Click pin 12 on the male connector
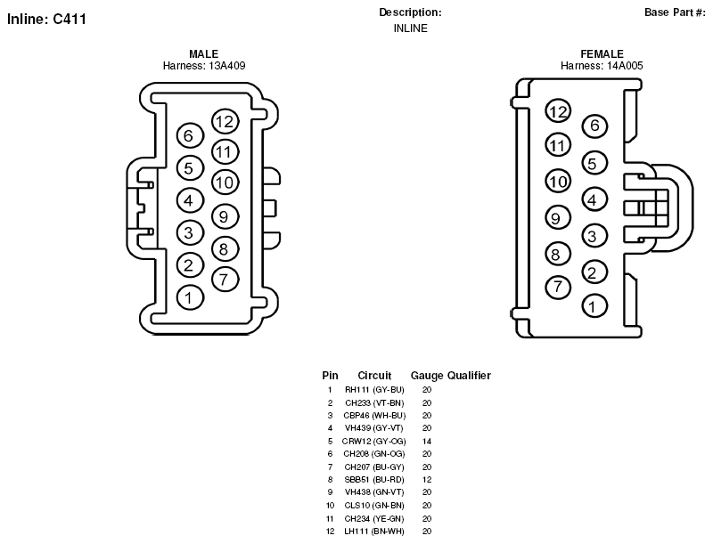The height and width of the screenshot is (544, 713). tap(225, 121)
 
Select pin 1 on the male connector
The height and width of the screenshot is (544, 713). tap(190, 298)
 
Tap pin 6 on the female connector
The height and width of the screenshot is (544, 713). tap(594, 126)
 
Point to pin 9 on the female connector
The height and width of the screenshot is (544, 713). tap(558, 218)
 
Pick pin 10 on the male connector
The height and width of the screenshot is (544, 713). tap(225, 183)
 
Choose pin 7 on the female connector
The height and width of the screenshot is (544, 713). tap(558, 287)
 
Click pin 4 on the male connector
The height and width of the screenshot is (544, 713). tap(190, 200)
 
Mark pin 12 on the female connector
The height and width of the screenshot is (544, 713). tap(558, 111)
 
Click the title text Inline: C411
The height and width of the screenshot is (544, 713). tap(47, 19)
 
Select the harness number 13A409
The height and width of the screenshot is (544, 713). tap(227, 66)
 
